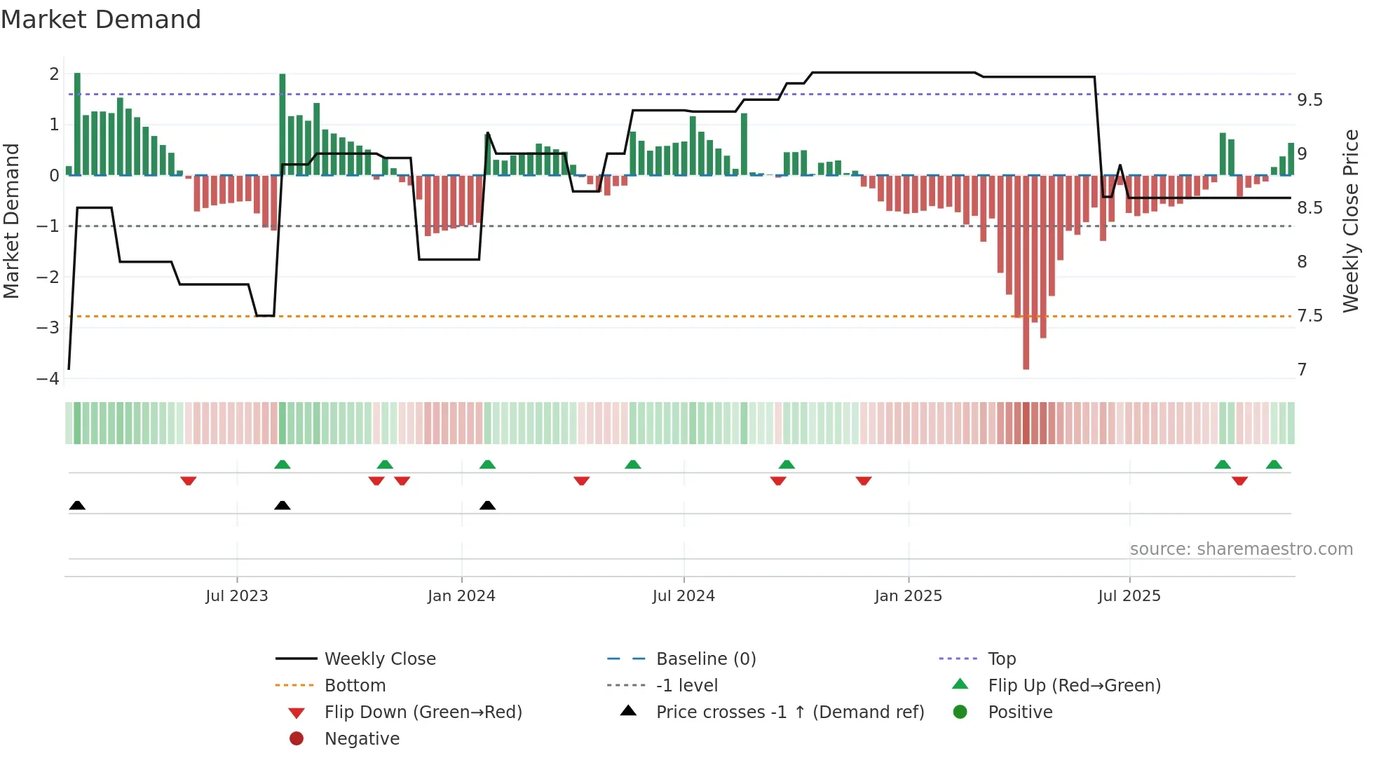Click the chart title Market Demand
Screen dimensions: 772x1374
coord(101,20)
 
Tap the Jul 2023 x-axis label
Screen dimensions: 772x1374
coord(236,596)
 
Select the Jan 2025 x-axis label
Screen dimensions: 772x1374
coord(908,596)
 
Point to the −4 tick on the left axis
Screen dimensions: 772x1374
coord(48,379)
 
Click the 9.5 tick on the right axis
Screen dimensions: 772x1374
coord(1309,100)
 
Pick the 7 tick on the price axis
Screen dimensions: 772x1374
coord(1302,370)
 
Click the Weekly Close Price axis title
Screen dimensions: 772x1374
coord(1350,221)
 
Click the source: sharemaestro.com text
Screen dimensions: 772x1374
coord(1241,549)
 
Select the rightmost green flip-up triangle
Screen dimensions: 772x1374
coord(1274,464)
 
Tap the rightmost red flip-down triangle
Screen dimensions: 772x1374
coord(1239,481)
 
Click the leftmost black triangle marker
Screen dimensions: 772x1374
coord(77,505)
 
